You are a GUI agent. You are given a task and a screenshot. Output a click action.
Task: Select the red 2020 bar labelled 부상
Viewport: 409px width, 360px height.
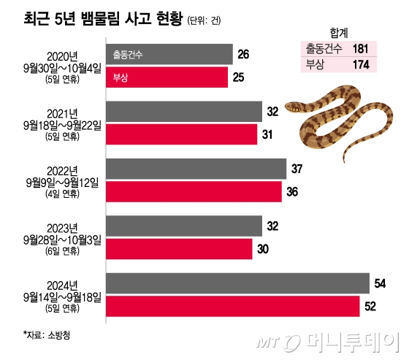(x=167, y=77)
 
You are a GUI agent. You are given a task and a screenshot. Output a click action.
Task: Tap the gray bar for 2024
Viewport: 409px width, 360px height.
(x=238, y=283)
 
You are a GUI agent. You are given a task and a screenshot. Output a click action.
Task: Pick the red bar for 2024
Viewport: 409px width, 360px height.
(x=233, y=305)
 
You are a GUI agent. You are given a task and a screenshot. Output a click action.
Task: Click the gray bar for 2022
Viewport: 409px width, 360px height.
(x=196, y=169)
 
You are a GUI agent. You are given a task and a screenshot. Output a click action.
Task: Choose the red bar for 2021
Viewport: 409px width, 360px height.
(x=182, y=134)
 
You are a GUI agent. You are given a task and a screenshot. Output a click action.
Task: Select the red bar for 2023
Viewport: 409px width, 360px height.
(x=180, y=248)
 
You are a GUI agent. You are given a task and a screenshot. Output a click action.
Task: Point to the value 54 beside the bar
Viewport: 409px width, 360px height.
(x=381, y=283)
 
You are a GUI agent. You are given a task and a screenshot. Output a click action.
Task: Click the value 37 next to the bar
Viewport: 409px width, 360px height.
(x=297, y=169)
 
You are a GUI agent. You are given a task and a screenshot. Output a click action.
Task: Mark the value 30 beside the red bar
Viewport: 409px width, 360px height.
(x=264, y=248)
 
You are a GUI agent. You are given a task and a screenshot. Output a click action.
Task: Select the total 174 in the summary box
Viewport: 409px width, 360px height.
(x=360, y=66)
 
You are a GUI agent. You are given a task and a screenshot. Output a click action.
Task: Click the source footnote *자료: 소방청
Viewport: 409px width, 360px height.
(x=48, y=335)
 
